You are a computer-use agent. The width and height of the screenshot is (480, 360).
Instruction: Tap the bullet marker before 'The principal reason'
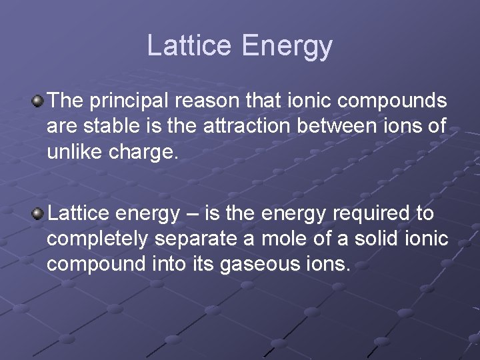click(x=39, y=101)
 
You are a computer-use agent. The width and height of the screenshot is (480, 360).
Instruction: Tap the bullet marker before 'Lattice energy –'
click(x=39, y=214)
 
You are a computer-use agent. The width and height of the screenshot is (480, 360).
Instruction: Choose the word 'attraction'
click(x=249, y=126)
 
